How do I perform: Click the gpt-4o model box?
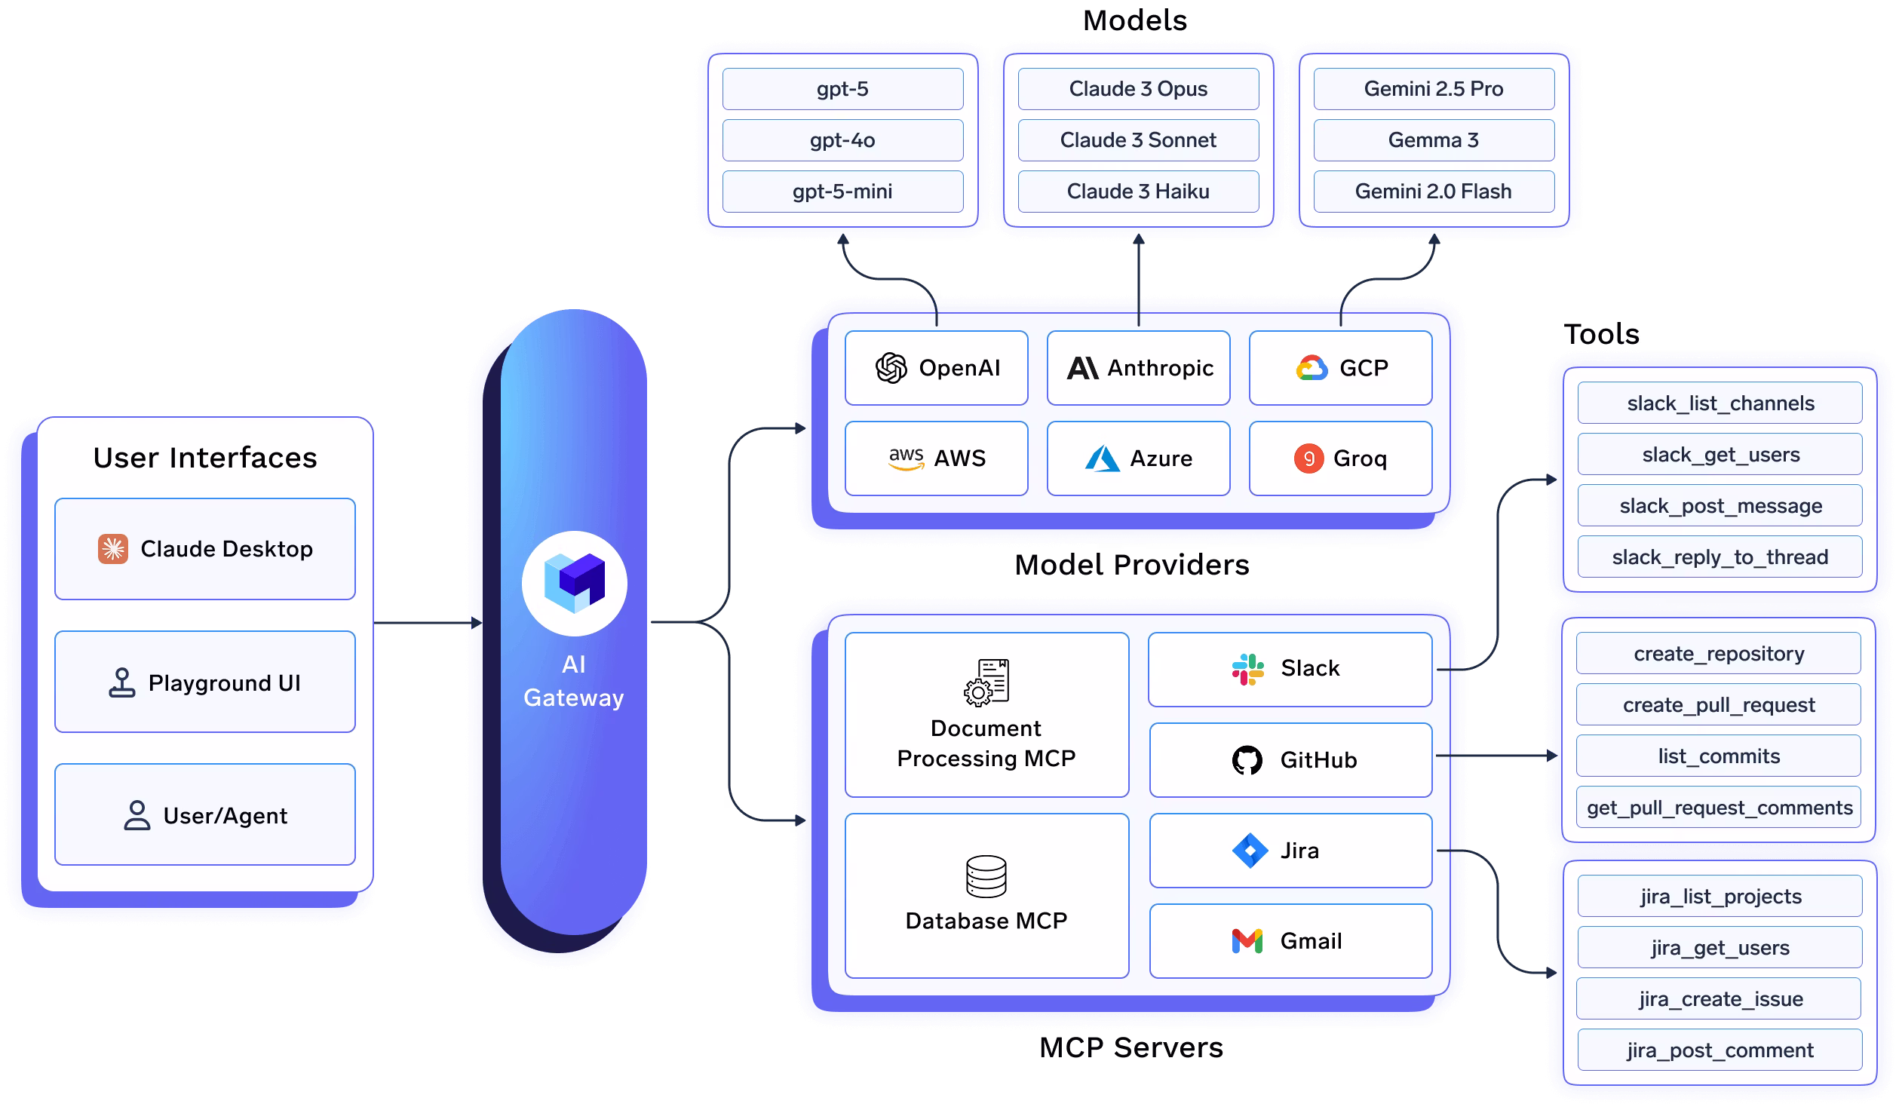pyautogui.click(x=842, y=140)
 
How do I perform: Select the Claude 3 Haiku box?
pyautogui.click(x=1138, y=192)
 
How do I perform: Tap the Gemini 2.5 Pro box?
pyautogui.click(x=1434, y=89)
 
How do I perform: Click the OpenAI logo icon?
pyautogui.click(x=891, y=368)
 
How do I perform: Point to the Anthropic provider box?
pyautogui.click(x=1138, y=368)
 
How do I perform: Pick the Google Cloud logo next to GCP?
pyautogui.click(x=1312, y=368)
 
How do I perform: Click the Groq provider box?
pyautogui.click(x=1340, y=458)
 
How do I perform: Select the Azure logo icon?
pyautogui.click(x=1102, y=458)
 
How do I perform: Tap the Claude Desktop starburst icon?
pyautogui.click(x=113, y=549)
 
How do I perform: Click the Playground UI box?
pyautogui.click(x=205, y=682)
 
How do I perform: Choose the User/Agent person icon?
pyautogui.click(x=137, y=815)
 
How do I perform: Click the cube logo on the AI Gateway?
pyautogui.click(x=575, y=583)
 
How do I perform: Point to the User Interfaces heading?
pyautogui.click(x=205, y=458)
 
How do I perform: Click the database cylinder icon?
pyautogui.click(x=986, y=876)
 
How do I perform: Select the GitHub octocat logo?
pyautogui.click(x=1247, y=760)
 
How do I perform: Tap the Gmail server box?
pyautogui.click(x=1290, y=941)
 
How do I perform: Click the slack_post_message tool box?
pyautogui.click(x=1720, y=506)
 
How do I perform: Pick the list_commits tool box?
pyautogui.click(x=1718, y=756)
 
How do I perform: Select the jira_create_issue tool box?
pyautogui.click(x=1720, y=999)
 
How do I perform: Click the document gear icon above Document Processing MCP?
pyautogui.click(x=986, y=682)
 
